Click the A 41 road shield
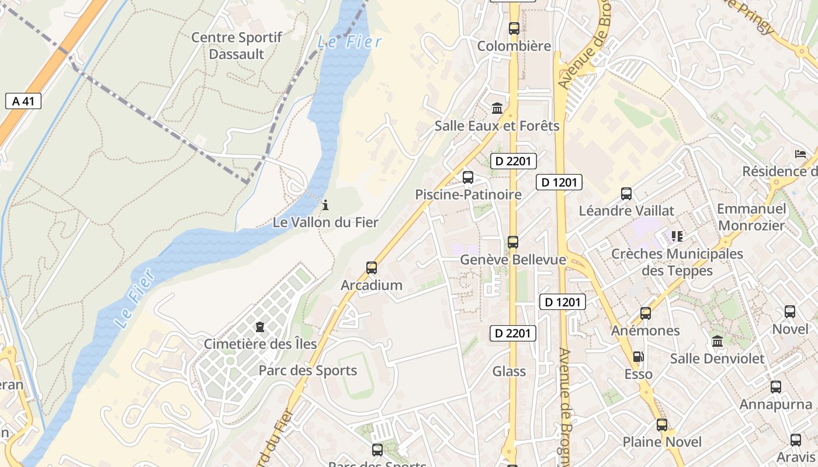click(x=23, y=101)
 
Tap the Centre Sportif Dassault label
click(x=237, y=46)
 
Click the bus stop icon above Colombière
click(x=514, y=28)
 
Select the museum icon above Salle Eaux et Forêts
click(x=497, y=108)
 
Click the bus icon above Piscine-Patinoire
click(x=467, y=177)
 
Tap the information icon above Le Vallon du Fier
click(x=325, y=205)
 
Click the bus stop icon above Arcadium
click(x=371, y=268)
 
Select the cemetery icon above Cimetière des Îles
click(x=260, y=326)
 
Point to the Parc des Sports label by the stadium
click(x=307, y=371)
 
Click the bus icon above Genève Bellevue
click(x=512, y=242)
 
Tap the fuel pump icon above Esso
click(x=638, y=356)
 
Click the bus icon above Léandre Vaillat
click(x=626, y=193)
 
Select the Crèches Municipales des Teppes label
click(x=677, y=262)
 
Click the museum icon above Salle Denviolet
click(x=717, y=341)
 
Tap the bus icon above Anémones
click(x=645, y=313)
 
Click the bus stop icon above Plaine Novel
click(x=661, y=424)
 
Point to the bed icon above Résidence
click(x=800, y=154)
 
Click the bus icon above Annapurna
click(x=775, y=386)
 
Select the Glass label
click(x=509, y=371)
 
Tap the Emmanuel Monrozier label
click(x=751, y=217)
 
